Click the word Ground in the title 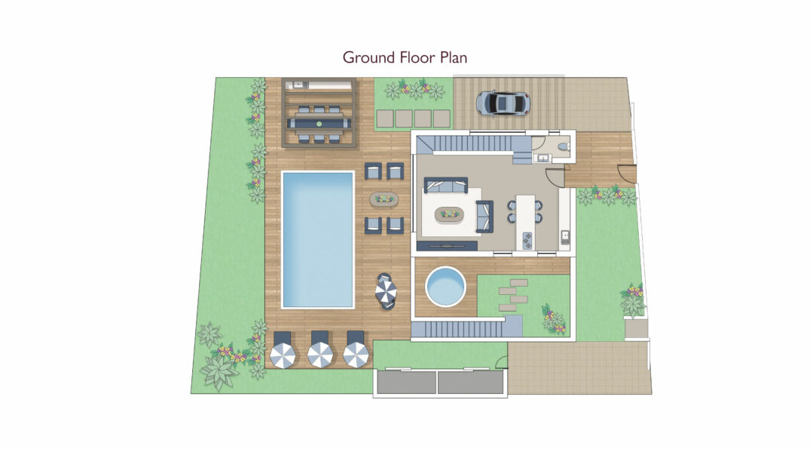pos(369,57)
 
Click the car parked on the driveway pos(503,103)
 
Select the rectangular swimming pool pos(318,240)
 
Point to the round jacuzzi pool pos(445,287)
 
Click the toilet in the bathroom pos(562,146)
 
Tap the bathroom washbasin pos(543,157)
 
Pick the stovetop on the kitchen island pos(527,240)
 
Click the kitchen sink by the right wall pos(566,238)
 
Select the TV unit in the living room pos(448,246)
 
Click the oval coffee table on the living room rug pos(449,214)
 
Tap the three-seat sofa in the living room pos(446,185)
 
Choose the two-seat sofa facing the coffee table pos(484,217)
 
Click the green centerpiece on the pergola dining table pos(319,124)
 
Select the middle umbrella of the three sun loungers pos(319,355)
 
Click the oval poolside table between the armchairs pos(384,198)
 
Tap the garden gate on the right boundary pos(628,175)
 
